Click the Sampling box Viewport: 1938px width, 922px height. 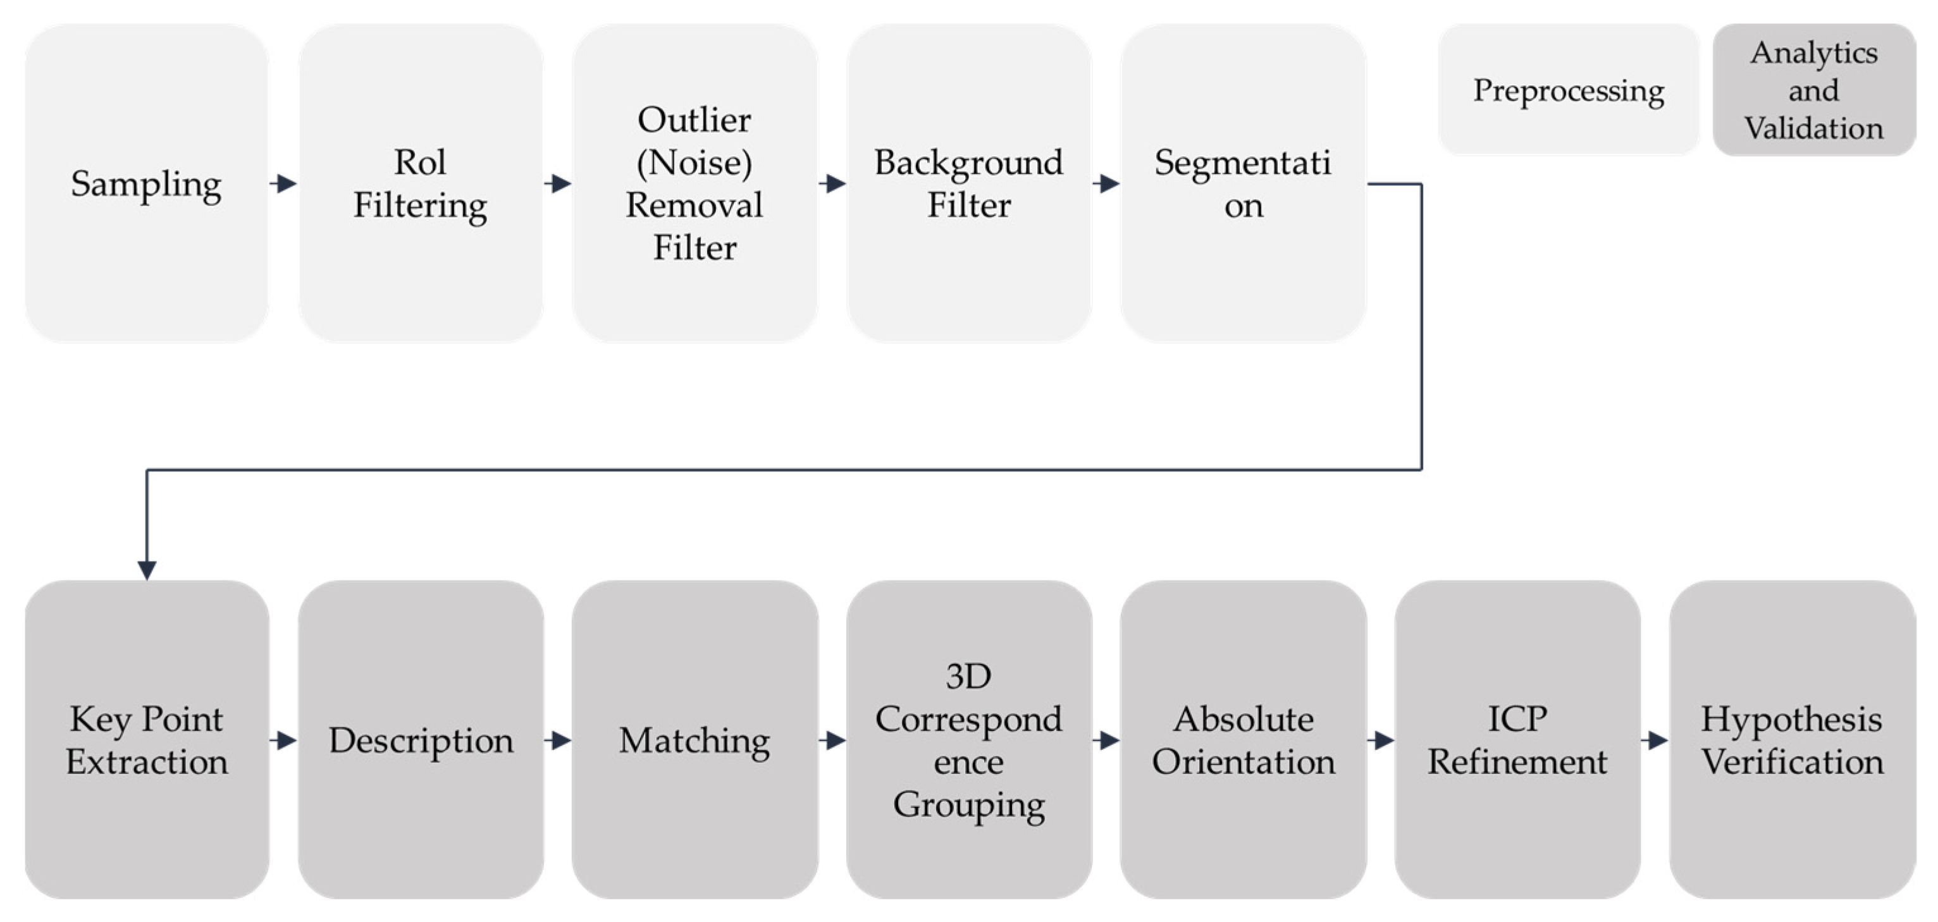147,183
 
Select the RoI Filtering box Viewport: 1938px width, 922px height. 421,183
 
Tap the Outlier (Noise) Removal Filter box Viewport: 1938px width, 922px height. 694,183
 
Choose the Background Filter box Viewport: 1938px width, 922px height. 968,183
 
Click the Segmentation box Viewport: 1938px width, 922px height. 1243,183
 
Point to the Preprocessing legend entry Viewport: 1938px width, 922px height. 1569,90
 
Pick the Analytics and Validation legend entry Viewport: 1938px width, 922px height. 1814,90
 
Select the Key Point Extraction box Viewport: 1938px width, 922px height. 147,739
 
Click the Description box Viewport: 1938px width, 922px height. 421,739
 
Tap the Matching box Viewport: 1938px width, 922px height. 694,739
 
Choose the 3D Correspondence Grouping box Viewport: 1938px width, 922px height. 968,739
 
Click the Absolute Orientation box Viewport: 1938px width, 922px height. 1243,739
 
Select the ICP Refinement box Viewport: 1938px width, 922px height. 1517,739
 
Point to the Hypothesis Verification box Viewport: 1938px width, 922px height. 1792,739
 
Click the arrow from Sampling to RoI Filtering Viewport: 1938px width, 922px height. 283,183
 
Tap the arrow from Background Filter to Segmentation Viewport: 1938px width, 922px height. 1106,183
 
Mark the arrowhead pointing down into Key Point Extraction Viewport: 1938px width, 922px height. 147,569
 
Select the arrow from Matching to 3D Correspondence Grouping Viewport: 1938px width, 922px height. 832,740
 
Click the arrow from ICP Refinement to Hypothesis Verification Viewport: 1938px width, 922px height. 1655,740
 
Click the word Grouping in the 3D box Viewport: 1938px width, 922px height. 968,804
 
